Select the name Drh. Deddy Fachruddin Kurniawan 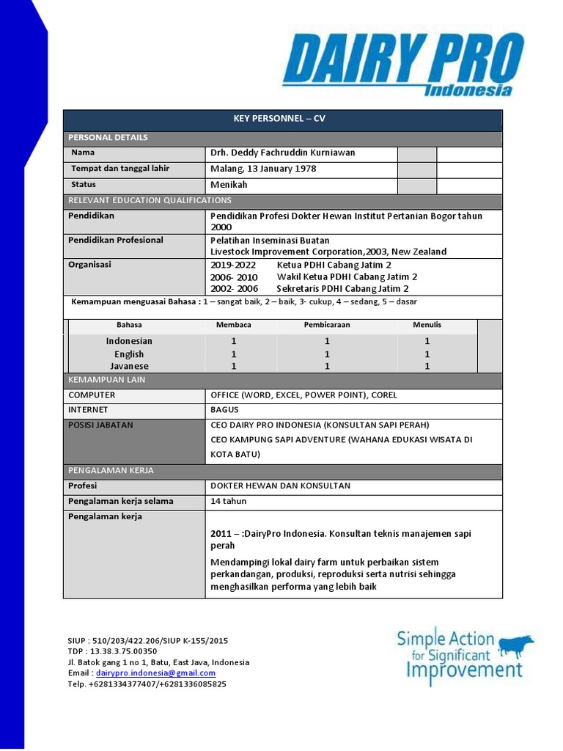coord(282,153)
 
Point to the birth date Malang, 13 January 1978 coord(263,169)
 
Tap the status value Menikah coord(229,185)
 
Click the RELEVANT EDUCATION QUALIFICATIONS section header coord(150,200)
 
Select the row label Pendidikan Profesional coord(116,240)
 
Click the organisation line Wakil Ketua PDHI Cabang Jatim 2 coord(347,276)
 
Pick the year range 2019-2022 coord(233,265)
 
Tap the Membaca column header coord(234,325)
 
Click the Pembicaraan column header coord(327,325)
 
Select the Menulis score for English coord(427,354)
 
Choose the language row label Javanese coord(129,366)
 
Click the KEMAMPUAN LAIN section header coord(107,380)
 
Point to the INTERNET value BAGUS coord(224,410)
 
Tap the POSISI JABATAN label coord(100,425)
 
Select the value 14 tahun coord(229,502)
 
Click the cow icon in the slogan coord(515,645)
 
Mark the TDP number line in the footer coord(112,651)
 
